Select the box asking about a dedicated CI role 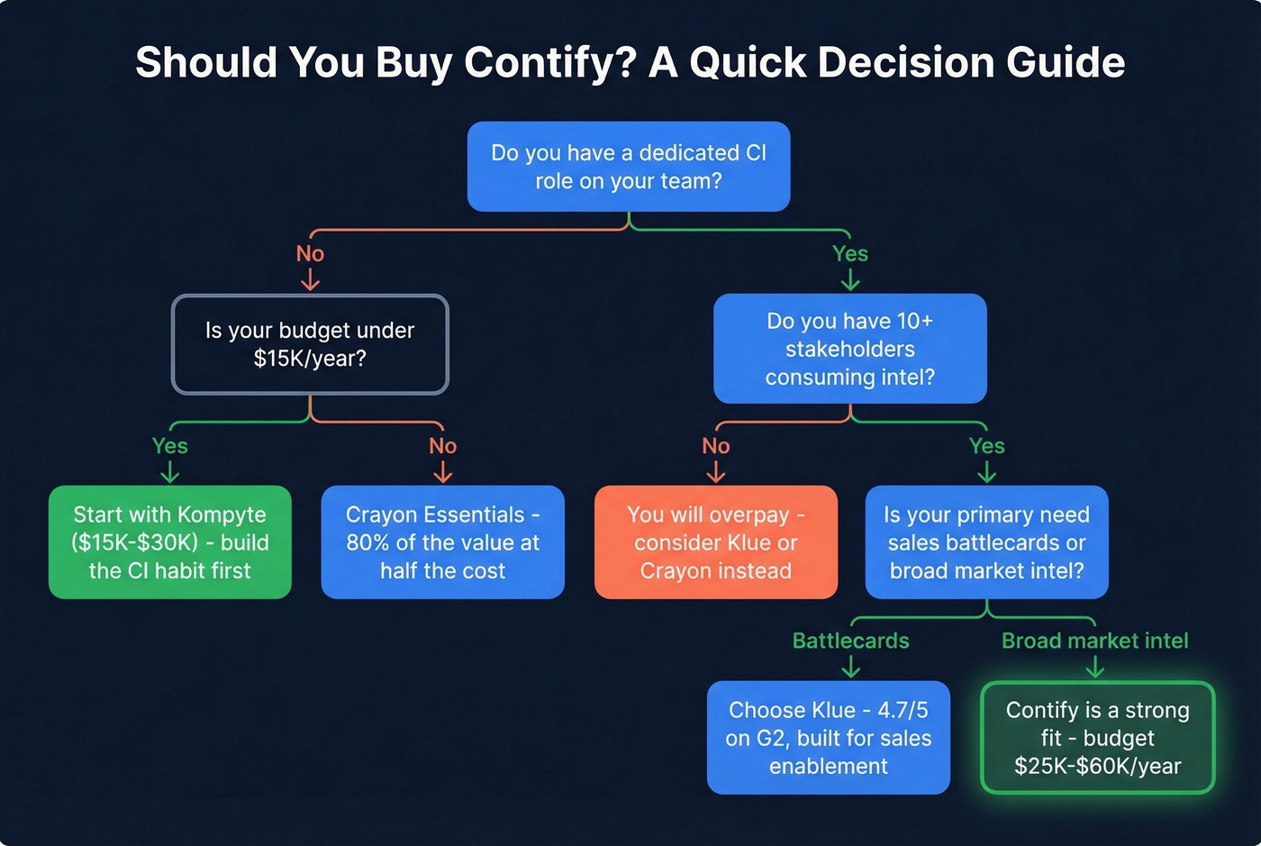629,167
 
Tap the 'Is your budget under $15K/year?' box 310,344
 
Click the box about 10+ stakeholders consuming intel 849,349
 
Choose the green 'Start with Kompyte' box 170,542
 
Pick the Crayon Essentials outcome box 442,542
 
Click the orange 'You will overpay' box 716,542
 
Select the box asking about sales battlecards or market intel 986,542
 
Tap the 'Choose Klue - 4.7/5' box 828,738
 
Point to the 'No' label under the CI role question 310,254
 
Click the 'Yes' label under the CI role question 850,254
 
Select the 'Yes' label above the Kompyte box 170,446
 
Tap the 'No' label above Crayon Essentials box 442,446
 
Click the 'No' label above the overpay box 716,446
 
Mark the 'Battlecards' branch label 850,641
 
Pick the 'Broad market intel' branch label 1094,641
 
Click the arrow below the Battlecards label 850,668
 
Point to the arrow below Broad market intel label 1095,668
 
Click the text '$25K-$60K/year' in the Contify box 1097,767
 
